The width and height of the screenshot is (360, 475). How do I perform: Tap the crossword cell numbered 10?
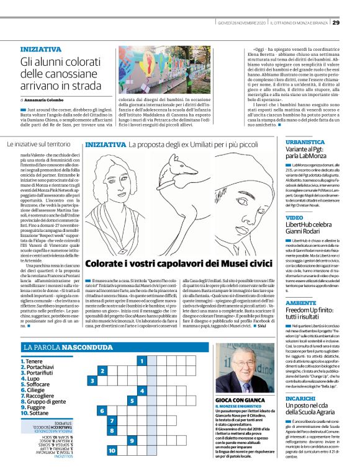point(112,451)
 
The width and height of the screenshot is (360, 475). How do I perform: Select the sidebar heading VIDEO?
point(294,218)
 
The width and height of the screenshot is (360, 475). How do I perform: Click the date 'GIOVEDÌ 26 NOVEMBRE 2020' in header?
point(236,23)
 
